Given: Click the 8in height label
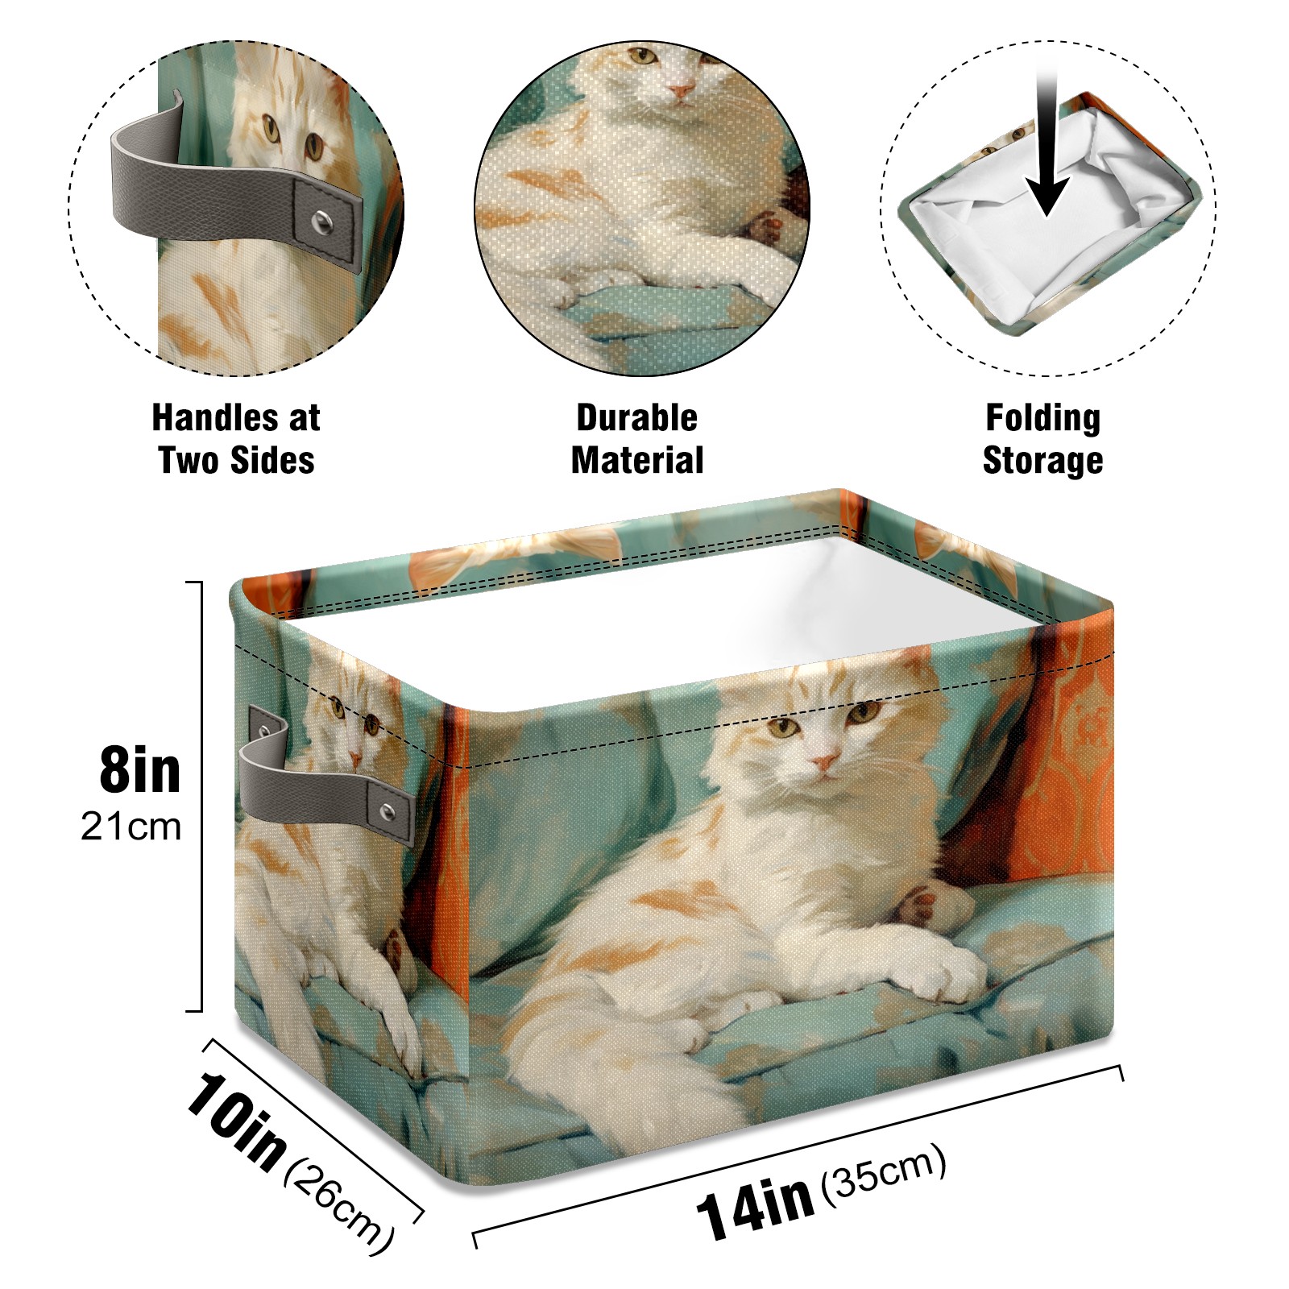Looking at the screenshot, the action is [x=139, y=770].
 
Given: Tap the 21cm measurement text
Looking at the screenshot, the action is [x=131, y=827].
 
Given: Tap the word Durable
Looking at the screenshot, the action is [x=636, y=417].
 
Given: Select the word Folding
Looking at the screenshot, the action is [x=1042, y=419].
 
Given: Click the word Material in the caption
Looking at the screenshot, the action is [x=636, y=460].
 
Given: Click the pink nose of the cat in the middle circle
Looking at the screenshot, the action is [x=682, y=91].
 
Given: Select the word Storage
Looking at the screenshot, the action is [x=1042, y=461].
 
